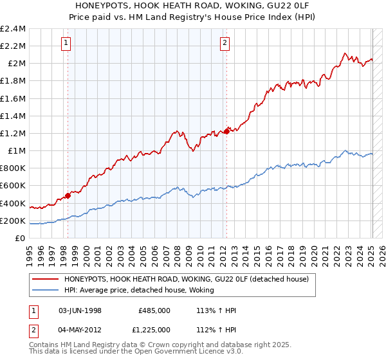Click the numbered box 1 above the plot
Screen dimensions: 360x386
coord(67,43)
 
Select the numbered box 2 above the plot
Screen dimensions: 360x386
coord(225,43)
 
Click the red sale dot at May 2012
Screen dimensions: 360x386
coord(226,131)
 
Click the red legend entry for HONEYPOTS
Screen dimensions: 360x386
coord(187,279)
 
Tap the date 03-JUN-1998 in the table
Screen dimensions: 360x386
coord(80,310)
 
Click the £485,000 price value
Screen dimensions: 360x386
coord(154,310)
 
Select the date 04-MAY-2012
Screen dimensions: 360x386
coord(80,330)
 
